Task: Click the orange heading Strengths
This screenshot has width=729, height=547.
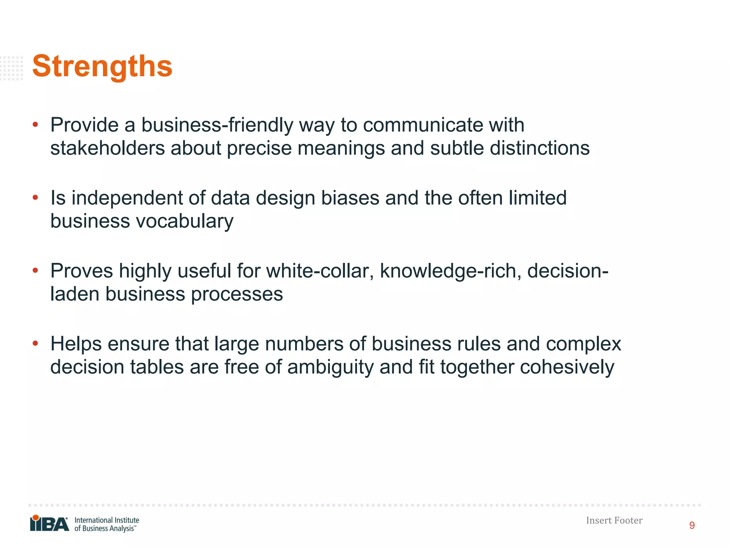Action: [102, 66]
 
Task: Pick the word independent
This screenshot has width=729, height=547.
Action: [127, 198]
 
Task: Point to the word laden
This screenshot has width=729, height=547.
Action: [75, 294]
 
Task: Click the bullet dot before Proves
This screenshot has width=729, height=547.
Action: [35, 271]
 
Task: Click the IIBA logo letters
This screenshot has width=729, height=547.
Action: [49, 523]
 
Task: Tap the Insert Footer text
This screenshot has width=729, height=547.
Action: [614, 521]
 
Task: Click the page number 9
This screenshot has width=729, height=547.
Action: [692, 526]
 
